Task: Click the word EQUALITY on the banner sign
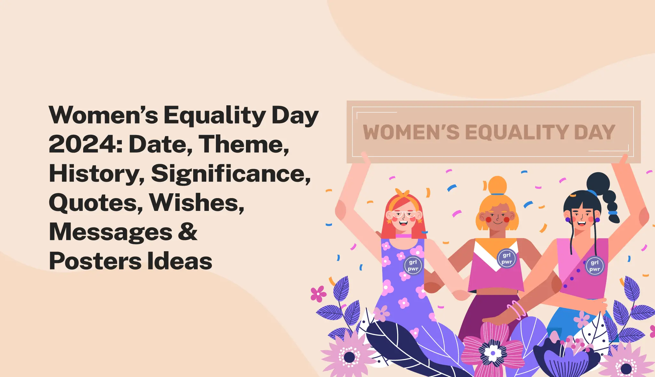pos(517,132)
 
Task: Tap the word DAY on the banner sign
pos(595,132)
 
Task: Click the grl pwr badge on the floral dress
pos(413,266)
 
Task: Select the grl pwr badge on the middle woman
pos(507,258)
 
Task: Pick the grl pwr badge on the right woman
pos(595,266)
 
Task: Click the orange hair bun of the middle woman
pos(497,185)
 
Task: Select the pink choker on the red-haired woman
pos(403,236)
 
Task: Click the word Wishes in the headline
pos(196,203)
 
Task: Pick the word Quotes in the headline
pos(96,203)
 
